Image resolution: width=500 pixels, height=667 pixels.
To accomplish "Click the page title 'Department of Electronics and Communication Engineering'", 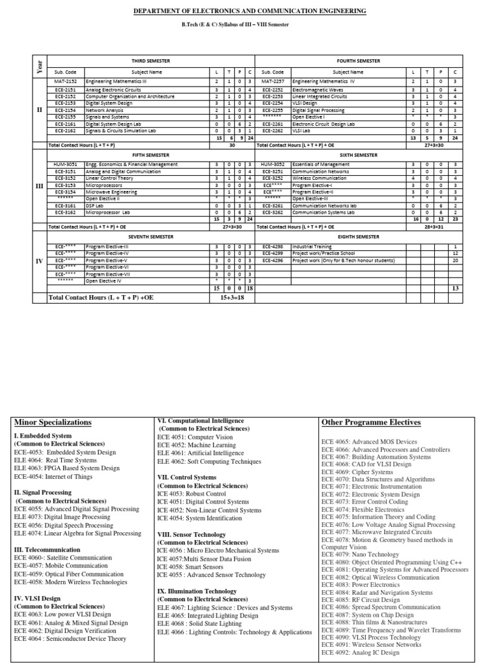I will (x=249, y=12).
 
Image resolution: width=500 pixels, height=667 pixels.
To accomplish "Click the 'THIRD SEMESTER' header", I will (x=151, y=61).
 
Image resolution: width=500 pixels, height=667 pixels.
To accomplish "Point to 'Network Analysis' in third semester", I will (x=105, y=111).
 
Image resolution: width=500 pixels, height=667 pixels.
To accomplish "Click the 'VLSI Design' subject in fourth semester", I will (x=305, y=103).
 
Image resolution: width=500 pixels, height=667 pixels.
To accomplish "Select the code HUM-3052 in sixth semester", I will (x=272, y=165).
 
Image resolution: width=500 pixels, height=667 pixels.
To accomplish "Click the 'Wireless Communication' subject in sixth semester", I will (x=320, y=178).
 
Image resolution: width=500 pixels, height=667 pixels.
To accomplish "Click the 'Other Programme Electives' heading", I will (x=371, y=422).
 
